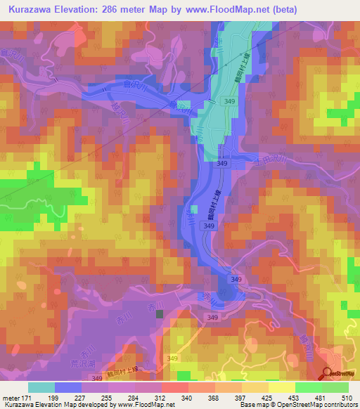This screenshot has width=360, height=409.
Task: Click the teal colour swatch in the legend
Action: coord(41,387)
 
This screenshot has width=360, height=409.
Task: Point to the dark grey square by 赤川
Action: coord(160,314)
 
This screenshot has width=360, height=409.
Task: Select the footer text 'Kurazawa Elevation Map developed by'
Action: coord(60,405)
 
